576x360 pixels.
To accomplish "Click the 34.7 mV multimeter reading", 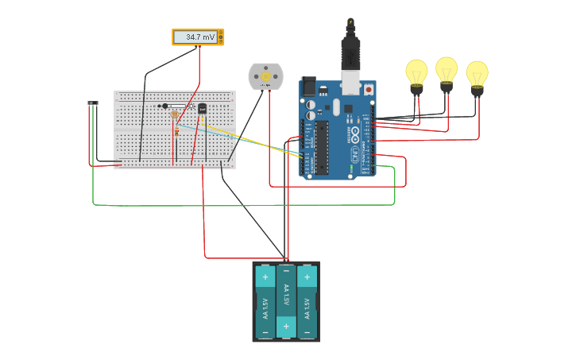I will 199,37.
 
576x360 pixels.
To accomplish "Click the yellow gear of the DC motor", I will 265,76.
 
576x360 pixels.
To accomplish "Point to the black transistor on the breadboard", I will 202,109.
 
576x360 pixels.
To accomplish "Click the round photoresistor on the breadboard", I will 175,114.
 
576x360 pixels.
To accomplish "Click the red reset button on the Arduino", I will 369,90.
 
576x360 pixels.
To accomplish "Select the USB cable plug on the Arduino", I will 350,58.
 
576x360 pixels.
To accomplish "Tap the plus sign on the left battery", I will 265,278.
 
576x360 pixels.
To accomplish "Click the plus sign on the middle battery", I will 286,327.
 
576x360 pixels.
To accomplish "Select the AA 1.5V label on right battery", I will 307,304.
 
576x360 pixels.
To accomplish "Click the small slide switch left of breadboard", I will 93,103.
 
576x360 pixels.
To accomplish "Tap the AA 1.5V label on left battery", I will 265,304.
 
